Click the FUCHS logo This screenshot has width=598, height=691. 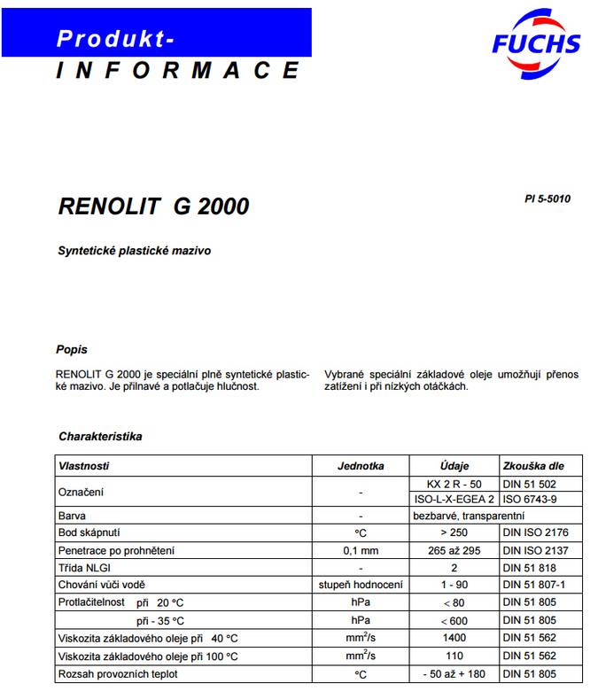(x=536, y=40)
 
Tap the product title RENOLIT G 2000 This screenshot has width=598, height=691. (x=153, y=207)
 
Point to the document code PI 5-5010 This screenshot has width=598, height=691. (x=548, y=199)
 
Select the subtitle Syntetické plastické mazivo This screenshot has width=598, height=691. (x=135, y=252)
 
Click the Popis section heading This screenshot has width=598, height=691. (x=71, y=350)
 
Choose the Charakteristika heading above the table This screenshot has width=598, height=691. (x=100, y=437)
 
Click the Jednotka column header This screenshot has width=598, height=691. (x=361, y=466)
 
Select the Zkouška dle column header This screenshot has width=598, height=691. (x=532, y=466)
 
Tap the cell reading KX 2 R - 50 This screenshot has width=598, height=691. (x=454, y=484)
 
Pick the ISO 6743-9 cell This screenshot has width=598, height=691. (x=530, y=500)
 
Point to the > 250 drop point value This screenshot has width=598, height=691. (x=454, y=532)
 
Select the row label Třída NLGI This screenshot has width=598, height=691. (x=86, y=567)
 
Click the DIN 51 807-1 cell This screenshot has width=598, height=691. (x=533, y=585)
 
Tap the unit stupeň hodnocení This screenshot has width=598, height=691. (x=361, y=585)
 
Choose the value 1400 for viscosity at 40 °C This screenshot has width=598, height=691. (x=454, y=638)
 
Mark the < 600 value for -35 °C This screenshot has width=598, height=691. (x=454, y=620)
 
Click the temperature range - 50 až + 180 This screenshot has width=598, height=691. (x=454, y=674)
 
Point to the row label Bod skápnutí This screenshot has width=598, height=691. (x=89, y=532)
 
